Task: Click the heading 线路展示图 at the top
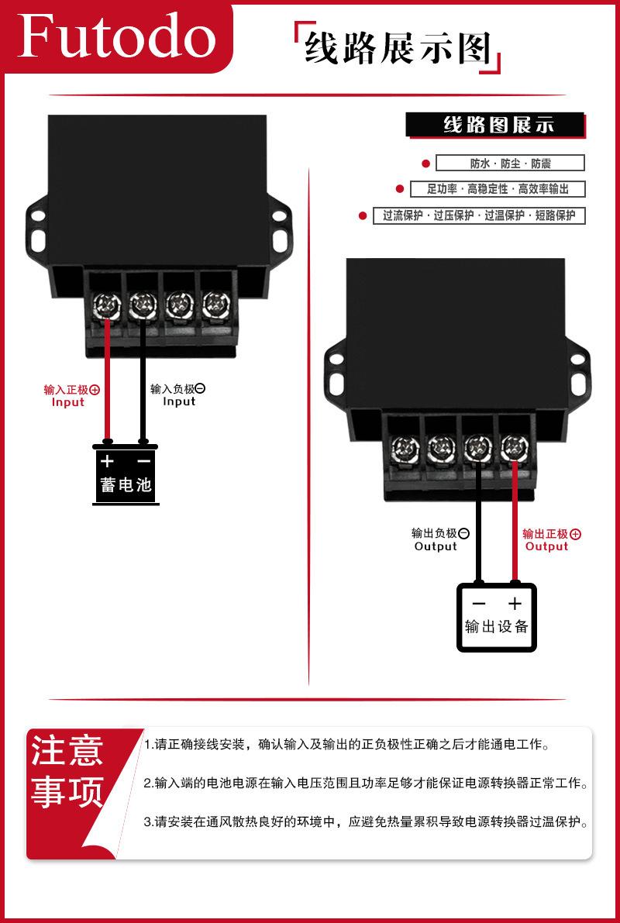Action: pyautogui.click(x=398, y=48)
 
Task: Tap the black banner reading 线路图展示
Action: pyautogui.click(x=496, y=126)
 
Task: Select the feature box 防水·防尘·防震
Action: pyautogui.click(x=510, y=163)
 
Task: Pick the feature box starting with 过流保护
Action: pyautogui.click(x=479, y=215)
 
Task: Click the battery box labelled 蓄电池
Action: pyautogui.click(x=126, y=475)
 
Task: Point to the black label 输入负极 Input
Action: pyautogui.click(x=177, y=395)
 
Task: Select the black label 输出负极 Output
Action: pyautogui.click(x=440, y=540)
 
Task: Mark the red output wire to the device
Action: pyautogui.click(x=515, y=520)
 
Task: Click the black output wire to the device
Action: pyautogui.click(x=479, y=520)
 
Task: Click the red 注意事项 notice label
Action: pyautogui.click(x=67, y=771)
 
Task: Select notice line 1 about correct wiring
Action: pyautogui.click(x=346, y=745)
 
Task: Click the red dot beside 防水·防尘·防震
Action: pyautogui.click(x=425, y=163)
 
